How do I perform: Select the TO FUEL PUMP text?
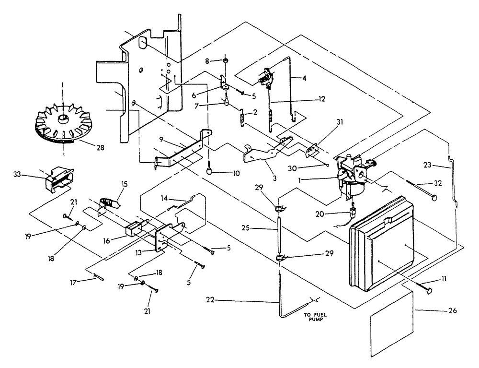coord(312,319)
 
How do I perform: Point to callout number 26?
coord(452,310)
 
